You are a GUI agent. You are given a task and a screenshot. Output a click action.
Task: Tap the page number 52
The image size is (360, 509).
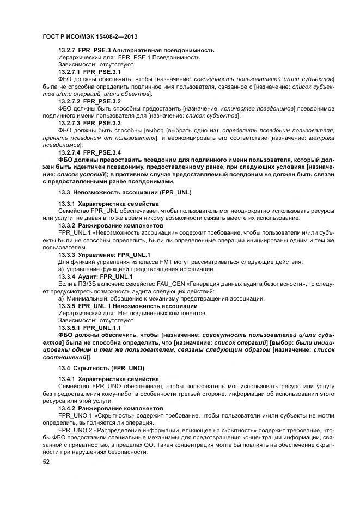click(46, 462)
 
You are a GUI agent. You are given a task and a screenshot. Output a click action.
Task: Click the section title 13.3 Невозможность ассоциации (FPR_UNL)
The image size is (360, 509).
click(125, 192)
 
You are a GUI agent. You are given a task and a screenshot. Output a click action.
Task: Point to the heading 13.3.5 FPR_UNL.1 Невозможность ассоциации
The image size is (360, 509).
click(127, 306)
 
